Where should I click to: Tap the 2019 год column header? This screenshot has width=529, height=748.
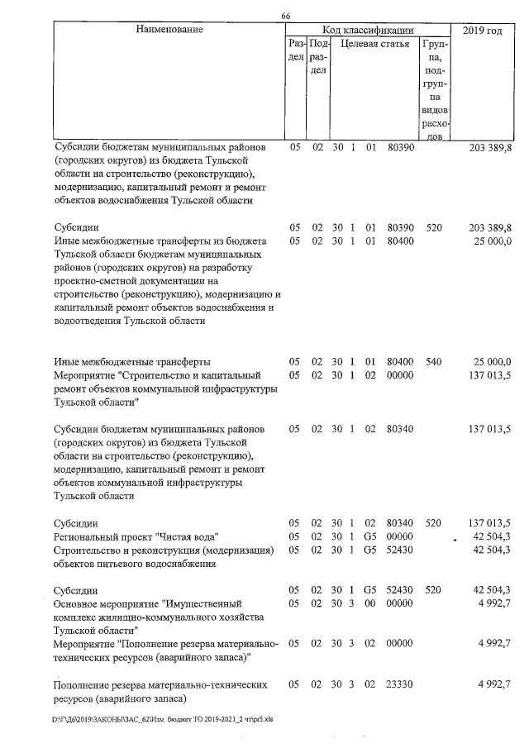pos(483,31)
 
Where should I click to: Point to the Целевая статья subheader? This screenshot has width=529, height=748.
pos(375,44)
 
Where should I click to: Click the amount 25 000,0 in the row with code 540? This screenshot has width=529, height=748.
pos(492,362)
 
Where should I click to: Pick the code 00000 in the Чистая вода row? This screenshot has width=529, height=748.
pos(400,537)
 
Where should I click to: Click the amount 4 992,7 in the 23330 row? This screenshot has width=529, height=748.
pos(494,685)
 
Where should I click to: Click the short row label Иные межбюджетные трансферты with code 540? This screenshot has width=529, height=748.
pos(131,362)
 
